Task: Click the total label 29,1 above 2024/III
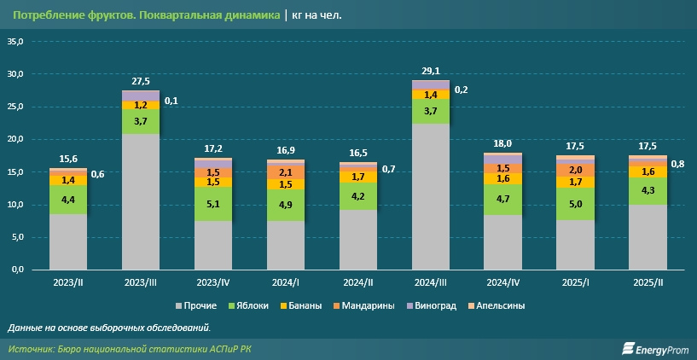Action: coord(431,71)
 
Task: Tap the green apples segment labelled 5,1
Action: coord(213,204)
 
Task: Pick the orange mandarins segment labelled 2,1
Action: coord(286,172)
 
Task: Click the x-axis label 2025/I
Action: coord(576,282)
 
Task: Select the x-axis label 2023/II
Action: coord(68,282)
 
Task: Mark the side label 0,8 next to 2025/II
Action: coord(678,164)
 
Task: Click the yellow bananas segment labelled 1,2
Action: coord(141,105)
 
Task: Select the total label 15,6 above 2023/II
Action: coord(68,159)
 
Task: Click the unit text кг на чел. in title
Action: coord(317,15)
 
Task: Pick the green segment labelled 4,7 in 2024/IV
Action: coord(503,199)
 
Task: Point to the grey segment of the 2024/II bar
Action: coord(358,240)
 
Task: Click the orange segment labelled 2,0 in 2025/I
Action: coord(576,170)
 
